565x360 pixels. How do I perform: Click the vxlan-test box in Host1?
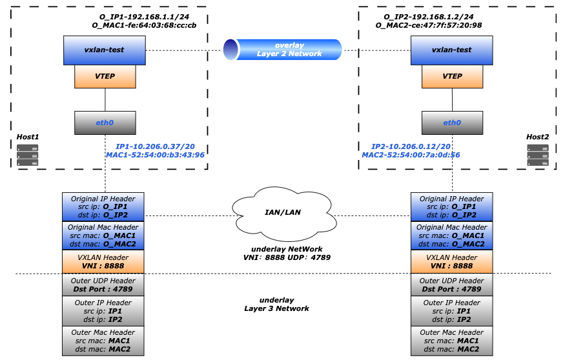pos(104,50)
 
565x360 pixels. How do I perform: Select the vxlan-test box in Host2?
pos(451,50)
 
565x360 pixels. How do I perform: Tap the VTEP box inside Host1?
pos(105,76)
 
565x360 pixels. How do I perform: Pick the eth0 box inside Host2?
pos(452,123)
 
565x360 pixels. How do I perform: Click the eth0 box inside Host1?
pos(105,123)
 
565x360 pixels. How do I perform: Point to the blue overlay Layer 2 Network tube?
pos(282,50)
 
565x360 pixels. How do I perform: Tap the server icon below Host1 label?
pos(28,155)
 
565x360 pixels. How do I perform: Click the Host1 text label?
pos(28,137)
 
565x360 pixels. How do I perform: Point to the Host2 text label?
pos(537,137)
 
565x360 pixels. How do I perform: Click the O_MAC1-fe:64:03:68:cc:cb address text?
pos(153,25)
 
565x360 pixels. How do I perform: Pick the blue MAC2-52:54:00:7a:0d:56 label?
pos(411,155)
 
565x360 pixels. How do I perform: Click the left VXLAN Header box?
pos(103,262)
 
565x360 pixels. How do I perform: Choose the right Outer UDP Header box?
pos(451,285)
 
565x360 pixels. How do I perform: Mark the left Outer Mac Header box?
pos(103,341)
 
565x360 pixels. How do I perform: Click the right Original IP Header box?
pos(451,206)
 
